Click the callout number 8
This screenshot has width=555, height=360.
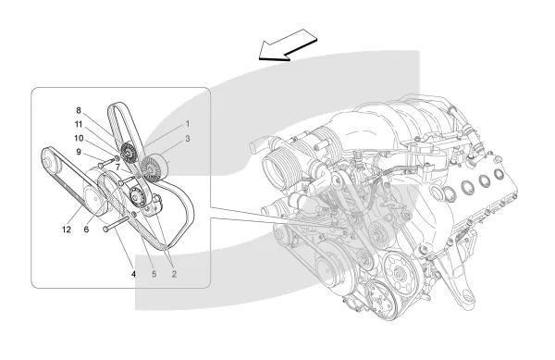pyautogui.click(x=79, y=110)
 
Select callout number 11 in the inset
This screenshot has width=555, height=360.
pyautogui.click(x=79, y=124)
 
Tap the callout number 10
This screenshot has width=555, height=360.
pyautogui.click(x=79, y=138)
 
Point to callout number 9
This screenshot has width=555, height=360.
pyautogui.click(x=79, y=152)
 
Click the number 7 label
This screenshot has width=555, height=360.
pyautogui.click(x=117, y=167)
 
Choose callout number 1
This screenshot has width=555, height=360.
pyautogui.click(x=188, y=124)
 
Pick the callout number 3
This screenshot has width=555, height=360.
pyautogui.click(x=188, y=139)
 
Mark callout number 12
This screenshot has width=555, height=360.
pyautogui.click(x=67, y=230)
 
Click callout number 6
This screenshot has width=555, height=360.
pyautogui.click(x=86, y=230)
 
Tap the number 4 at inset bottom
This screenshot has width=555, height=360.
pyautogui.click(x=134, y=274)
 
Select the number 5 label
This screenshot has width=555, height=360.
pyautogui.click(x=154, y=274)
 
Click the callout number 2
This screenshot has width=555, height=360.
pyautogui.click(x=174, y=274)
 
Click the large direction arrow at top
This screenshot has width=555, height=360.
pyautogui.click(x=288, y=45)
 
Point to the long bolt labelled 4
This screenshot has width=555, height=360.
pyautogui.click(x=116, y=224)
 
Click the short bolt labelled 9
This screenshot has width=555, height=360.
pyautogui.click(x=105, y=163)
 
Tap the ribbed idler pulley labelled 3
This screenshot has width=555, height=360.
pyautogui.click(x=153, y=168)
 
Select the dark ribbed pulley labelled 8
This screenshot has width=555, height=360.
pyautogui.click(x=129, y=152)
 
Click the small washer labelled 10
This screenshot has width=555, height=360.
pyautogui.click(x=117, y=157)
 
